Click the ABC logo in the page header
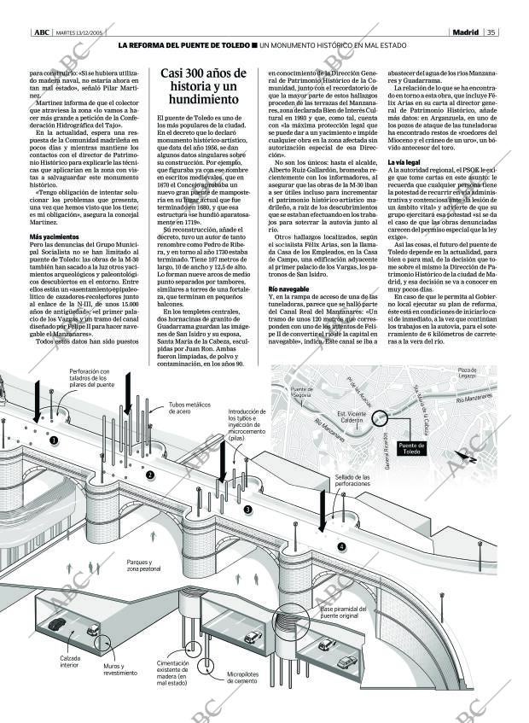click(41, 32)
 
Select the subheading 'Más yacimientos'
click(54, 236)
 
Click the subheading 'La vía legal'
click(403, 161)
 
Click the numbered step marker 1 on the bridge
click(54, 440)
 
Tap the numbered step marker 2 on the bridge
click(150, 475)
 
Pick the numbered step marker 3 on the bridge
click(247, 510)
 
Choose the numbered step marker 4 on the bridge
click(342, 546)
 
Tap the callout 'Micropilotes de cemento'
click(242, 678)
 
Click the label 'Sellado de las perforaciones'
click(352, 481)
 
